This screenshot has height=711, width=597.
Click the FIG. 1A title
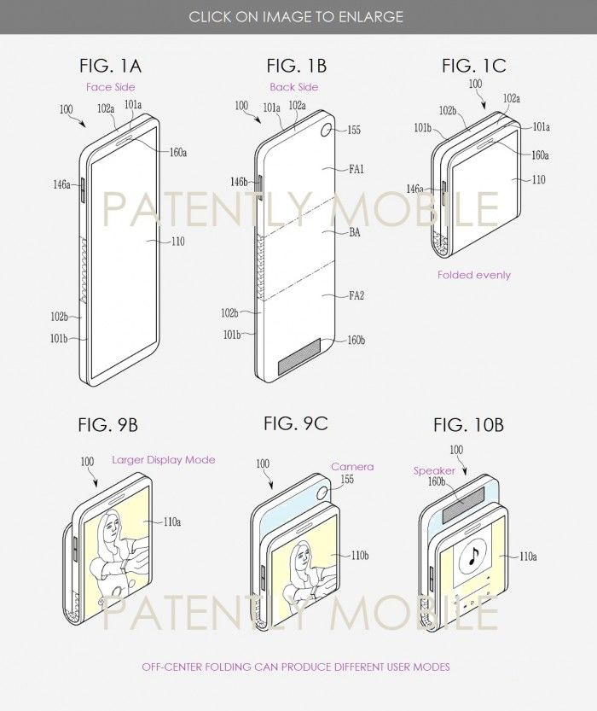(110, 66)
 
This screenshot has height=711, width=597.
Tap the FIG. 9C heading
(295, 423)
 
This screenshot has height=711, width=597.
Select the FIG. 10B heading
(468, 425)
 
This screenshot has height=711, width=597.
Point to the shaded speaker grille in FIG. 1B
(300, 356)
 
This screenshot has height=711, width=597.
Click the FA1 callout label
(356, 169)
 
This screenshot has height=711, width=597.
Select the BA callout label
(354, 232)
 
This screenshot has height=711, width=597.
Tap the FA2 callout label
(356, 295)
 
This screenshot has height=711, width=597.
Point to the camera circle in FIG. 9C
(323, 492)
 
